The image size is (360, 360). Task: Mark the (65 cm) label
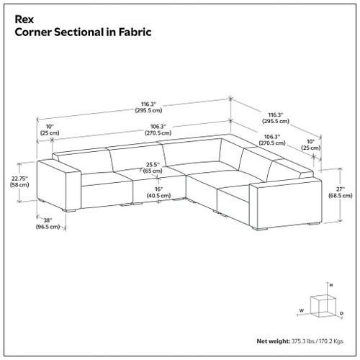click(x=152, y=172)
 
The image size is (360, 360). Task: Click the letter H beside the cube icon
click(x=330, y=286)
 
